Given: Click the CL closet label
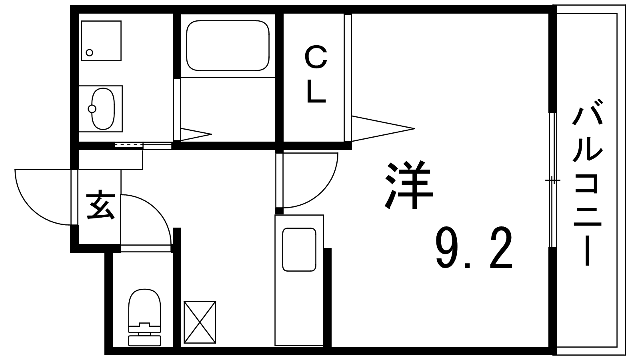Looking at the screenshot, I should (x=316, y=74).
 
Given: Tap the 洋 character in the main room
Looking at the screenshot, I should (x=409, y=185).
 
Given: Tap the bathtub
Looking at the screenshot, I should (x=227, y=46).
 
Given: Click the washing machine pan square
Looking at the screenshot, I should (x=101, y=41).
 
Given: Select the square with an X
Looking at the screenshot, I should (x=200, y=322).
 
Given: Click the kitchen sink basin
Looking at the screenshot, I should (x=299, y=250).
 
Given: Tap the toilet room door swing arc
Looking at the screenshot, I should (x=152, y=216).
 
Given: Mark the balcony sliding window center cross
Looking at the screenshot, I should (x=553, y=181).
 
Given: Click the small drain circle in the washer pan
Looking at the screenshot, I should (x=90, y=52).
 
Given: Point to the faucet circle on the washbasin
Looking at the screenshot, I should (x=92, y=108).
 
